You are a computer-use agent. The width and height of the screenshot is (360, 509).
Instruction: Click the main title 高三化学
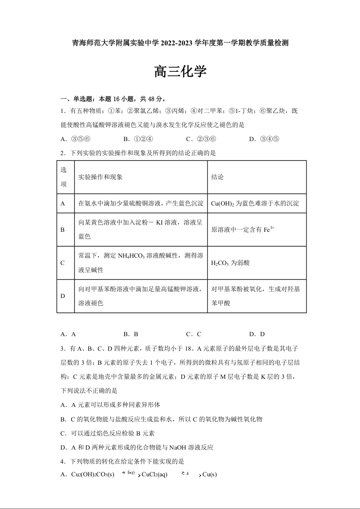click(180, 72)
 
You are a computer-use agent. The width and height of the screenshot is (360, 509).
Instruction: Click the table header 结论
click(217, 177)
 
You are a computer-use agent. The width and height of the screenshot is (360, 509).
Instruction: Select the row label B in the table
click(63, 230)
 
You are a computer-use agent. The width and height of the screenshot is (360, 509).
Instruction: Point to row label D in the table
click(63, 296)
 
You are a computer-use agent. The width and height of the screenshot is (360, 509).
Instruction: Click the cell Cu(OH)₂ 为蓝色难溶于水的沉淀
click(255, 204)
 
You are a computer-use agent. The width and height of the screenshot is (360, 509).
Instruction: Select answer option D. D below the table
click(257, 334)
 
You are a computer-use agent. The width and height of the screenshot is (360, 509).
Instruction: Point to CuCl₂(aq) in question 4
click(155, 475)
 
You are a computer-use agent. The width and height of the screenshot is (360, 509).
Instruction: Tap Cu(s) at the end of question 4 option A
click(210, 475)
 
